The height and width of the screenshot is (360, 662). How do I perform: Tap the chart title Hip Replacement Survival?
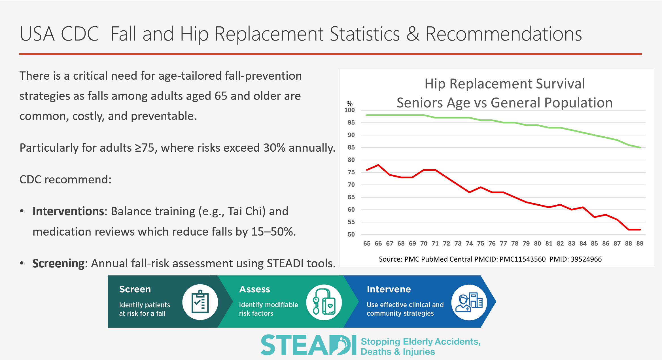504,84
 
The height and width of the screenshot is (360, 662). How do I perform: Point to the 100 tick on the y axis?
349,110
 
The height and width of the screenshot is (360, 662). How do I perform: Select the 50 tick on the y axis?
351,235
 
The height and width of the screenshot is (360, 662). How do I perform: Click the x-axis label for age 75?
481,243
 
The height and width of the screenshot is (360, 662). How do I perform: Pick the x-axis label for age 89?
640,243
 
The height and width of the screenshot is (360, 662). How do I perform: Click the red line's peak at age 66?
378,165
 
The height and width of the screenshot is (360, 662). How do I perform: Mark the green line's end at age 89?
640,147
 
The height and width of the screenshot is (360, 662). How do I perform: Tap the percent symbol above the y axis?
349,103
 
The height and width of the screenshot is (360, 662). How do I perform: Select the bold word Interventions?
68,211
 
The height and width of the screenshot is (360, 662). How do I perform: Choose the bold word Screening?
58,263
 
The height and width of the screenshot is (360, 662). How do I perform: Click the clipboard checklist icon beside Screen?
200,302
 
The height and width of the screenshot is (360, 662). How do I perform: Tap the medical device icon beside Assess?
324,302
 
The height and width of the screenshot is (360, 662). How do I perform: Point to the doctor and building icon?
469,302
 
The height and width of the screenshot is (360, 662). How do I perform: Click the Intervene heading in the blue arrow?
389,289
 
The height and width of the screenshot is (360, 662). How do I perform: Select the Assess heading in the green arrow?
254,289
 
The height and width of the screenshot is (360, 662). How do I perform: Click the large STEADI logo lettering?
308,345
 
